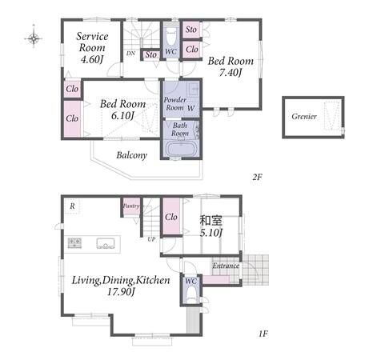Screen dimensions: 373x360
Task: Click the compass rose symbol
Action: [x=34, y=38]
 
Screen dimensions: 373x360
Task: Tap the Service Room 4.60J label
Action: [x=92, y=48]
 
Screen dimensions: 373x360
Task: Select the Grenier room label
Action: [x=304, y=117]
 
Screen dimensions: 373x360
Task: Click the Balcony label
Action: [x=132, y=155]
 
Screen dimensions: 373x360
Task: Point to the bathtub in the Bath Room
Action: [x=181, y=150]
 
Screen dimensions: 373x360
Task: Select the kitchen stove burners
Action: [x=74, y=243]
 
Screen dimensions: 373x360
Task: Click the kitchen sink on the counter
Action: [x=106, y=243]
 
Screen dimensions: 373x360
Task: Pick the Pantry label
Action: [x=131, y=206]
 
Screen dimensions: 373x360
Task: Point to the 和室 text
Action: [x=211, y=221]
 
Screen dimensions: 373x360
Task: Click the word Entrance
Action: [x=226, y=266]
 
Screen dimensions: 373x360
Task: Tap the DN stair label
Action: [x=130, y=54]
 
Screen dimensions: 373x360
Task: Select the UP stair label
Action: [x=151, y=239]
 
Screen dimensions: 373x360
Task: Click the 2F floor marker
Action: [x=258, y=177]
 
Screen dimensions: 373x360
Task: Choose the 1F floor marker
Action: [x=263, y=334]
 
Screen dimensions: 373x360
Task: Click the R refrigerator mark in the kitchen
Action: [x=72, y=206]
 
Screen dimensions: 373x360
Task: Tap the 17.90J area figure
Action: [x=121, y=292]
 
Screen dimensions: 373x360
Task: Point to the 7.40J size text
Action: [x=231, y=73]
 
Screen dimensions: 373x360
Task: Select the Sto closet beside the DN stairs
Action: [x=151, y=54]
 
